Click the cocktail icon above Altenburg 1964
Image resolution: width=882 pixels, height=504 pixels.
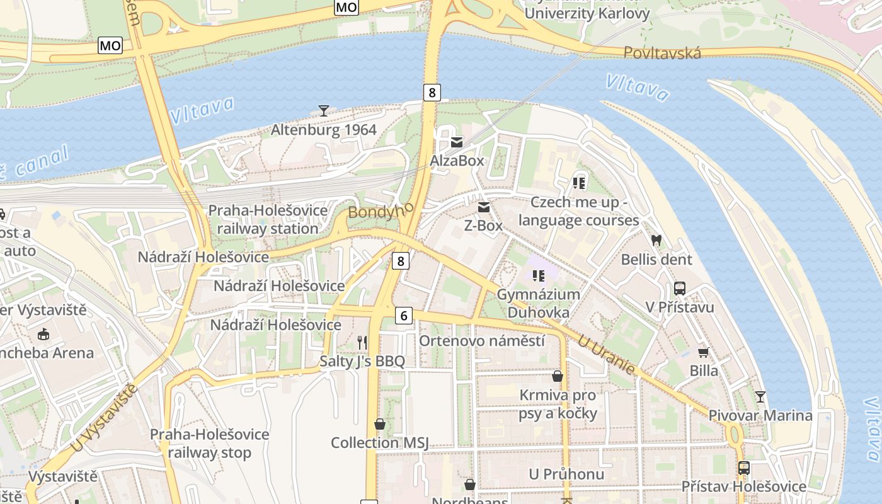coord(323,111)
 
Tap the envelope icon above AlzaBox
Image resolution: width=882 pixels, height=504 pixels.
coord(457,142)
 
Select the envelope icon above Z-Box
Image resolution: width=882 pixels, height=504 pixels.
coord(484,207)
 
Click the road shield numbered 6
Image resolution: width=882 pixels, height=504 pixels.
coord(404,316)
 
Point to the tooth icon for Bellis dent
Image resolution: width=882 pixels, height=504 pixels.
coord(656,240)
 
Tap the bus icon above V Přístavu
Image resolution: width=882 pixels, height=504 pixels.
coord(680,289)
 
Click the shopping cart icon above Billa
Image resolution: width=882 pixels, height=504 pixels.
coord(703,352)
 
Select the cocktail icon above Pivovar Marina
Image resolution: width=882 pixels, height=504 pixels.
coord(760,397)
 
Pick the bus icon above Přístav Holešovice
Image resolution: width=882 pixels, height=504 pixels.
coord(744,468)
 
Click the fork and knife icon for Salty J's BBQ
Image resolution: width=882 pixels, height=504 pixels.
coord(362,343)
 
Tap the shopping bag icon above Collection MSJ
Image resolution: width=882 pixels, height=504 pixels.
coord(379,424)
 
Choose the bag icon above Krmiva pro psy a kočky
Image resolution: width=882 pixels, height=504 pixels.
coord(558,376)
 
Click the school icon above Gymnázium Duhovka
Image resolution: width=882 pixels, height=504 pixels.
coord(538,275)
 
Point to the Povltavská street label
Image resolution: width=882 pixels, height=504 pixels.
coord(662,53)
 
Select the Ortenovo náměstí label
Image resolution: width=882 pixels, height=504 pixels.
coord(482,341)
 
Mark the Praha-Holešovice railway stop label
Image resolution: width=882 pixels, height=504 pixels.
coord(209,444)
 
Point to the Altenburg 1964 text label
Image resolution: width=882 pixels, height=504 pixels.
coord(323,130)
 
